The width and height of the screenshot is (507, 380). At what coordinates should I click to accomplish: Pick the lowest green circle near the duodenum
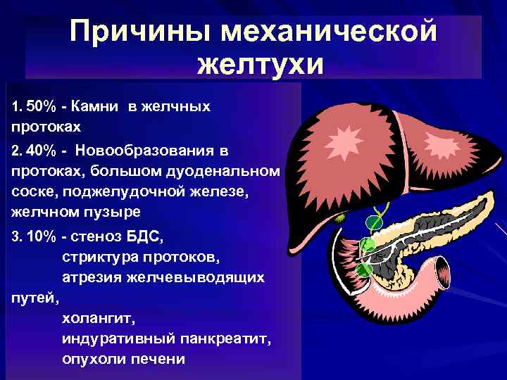click(363, 270)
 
